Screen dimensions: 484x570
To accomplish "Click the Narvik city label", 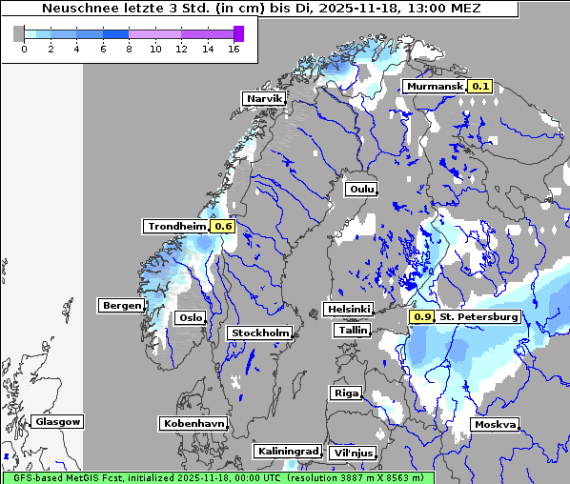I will (264, 99).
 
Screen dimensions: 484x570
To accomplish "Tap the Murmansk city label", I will (434, 87).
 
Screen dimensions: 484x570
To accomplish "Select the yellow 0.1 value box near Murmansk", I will (480, 87).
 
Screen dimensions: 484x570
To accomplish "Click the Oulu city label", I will (360, 189).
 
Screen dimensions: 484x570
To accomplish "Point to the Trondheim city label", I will (175, 227).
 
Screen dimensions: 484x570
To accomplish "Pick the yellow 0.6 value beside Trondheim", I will (223, 227).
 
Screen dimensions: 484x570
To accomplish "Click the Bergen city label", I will (120, 306).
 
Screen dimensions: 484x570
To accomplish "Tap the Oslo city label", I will (190, 318).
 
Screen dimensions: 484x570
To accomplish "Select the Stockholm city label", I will (259, 333).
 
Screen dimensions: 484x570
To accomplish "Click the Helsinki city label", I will (348, 310).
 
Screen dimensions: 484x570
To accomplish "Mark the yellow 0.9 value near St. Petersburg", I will (421, 316).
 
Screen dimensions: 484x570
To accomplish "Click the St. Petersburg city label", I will (478, 316).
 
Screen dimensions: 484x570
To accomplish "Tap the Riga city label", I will (345, 393).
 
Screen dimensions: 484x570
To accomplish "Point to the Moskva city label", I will (495, 424).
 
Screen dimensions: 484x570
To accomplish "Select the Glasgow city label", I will (57, 421).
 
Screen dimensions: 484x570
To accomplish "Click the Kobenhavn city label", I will (193, 423).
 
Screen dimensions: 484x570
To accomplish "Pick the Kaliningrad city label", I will (287, 451).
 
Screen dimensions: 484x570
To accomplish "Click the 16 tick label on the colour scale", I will (233, 49).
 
